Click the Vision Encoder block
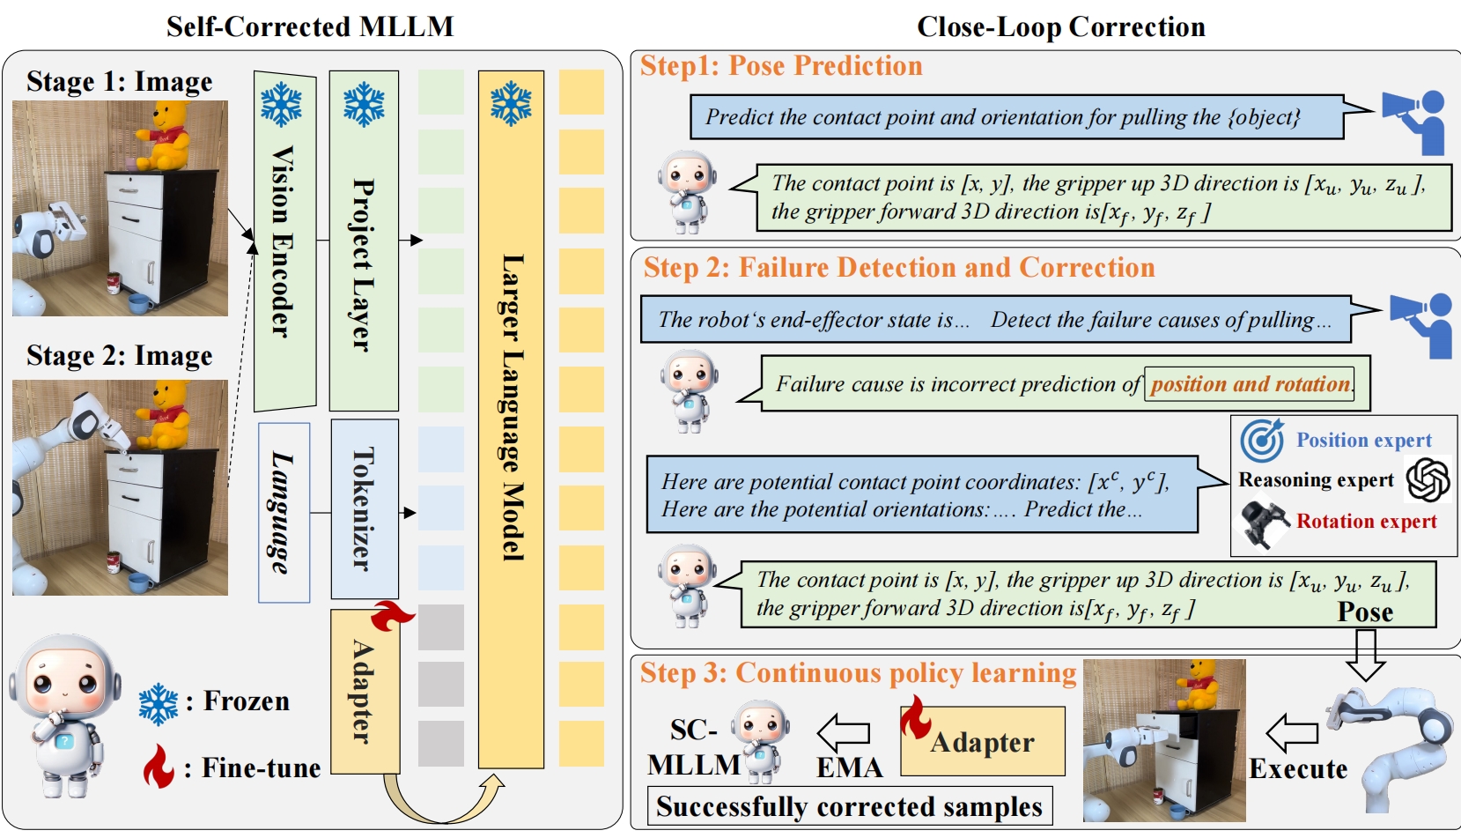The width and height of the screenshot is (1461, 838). point(284,241)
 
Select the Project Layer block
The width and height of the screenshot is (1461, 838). point(363,241)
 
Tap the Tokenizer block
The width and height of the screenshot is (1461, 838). point(364,508)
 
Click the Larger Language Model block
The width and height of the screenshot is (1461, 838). point(511,419)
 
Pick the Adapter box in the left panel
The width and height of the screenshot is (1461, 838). point(364,693)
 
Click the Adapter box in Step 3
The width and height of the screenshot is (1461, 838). point(983,742)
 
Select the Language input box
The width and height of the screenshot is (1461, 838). point(284,513)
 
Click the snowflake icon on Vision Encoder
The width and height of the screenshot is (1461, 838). point(282,105)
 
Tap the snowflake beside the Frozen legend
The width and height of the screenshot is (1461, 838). point(159,704)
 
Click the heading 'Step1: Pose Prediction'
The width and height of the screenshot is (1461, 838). point(780,66)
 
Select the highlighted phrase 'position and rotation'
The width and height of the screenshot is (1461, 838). point(1250,384)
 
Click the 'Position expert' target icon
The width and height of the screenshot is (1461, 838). point(1262,441)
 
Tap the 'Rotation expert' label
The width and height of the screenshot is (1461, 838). point(1366,521)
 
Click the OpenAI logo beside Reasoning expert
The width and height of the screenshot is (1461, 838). point(1428,479)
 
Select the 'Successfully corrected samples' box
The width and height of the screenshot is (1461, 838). point(849,806)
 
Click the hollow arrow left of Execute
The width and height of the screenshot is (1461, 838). point(1292,732)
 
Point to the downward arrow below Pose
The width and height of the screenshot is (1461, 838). point(1365,656)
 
